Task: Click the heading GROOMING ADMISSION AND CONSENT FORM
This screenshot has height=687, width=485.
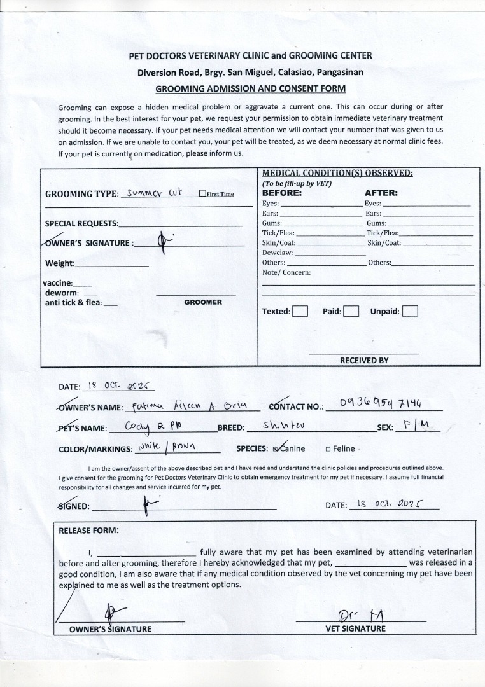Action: pyautogui.click(x=251, y=88)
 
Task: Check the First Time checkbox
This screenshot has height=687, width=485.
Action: pyautogui.click(x=202, y=194)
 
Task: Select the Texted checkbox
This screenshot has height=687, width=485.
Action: pyautogui.click(x=300, y=311)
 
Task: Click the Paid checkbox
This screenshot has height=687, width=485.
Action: pyautogui.click(x=351, y=311)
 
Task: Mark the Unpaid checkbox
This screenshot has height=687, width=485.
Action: pyautogui.click(x=410, y=311)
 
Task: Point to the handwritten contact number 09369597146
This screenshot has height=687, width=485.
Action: pyautogui.click(x=381, y=403)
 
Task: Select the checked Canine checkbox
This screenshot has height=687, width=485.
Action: pyautogui.click(x=276, y=448)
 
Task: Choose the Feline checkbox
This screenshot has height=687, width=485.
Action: pyautogui.click(x=328, y=448)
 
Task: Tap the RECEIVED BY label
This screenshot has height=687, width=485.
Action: pyautogui.click(x=364, y=360)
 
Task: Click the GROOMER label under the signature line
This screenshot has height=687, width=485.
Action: pyautogui.click(x=203, y=302)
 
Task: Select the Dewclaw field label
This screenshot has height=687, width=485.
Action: pyautogui.click(x=278, y=253)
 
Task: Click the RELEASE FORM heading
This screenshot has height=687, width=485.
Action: pyautogui.click(x=88, y=530)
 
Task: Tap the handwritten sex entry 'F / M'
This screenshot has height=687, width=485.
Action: pyautogui.click(x=418, y=425)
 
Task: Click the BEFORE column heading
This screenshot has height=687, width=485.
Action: pyautogui.click(x=282, y=193)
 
